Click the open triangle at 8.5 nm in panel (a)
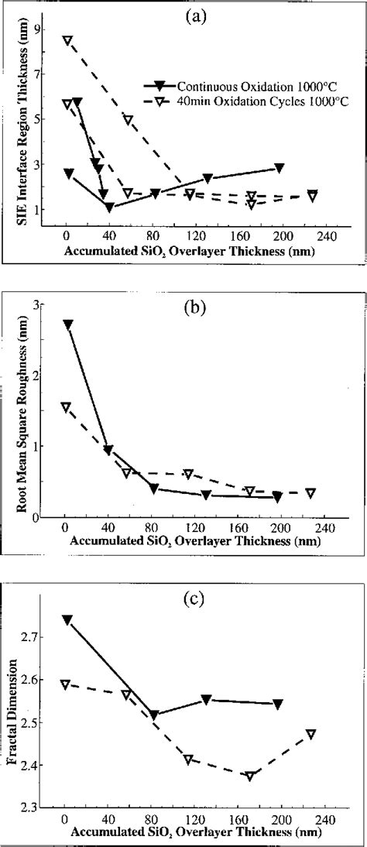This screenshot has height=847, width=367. point(68,40)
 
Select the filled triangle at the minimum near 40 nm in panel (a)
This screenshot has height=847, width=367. point(109,207)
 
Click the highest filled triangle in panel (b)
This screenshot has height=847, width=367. point(68,324)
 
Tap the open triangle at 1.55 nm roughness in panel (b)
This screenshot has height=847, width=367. point(66,407)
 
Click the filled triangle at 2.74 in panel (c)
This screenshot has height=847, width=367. point(68,620)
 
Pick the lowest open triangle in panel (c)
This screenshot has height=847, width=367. point(250,776)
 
